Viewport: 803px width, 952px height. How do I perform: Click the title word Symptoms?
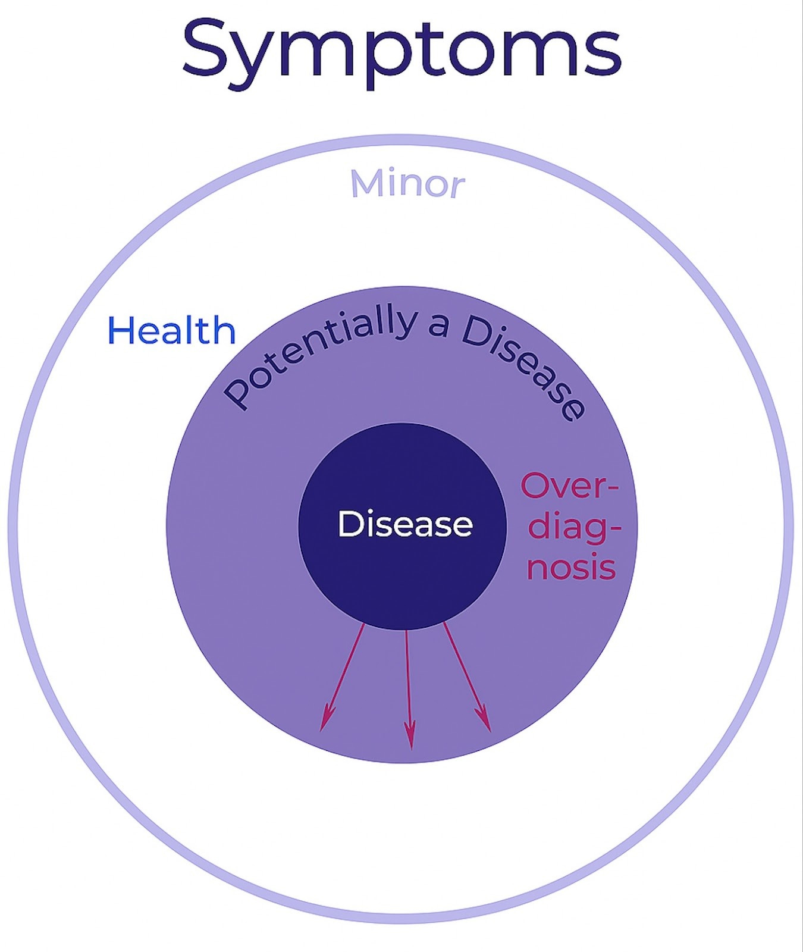(401, 51)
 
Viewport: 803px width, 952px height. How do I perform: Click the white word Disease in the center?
(405, 524)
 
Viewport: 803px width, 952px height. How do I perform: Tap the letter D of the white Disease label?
(349, 524)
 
